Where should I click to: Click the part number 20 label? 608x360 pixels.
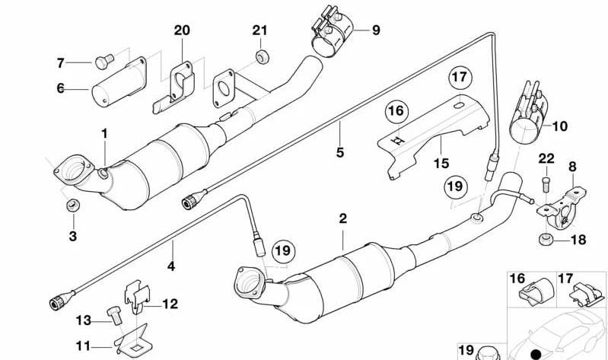181,31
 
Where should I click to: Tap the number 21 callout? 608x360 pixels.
260,30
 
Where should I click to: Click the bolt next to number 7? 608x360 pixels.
104,62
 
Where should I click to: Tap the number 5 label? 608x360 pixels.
339,152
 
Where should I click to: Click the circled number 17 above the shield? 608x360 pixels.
459,77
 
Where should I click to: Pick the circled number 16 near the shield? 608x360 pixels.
394,112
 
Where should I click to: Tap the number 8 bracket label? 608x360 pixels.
572,165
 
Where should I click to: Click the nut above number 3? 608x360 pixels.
73,204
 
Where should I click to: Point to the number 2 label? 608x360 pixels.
342,218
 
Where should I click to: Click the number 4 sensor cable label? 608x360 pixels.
171,266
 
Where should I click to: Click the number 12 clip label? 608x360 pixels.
169,304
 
